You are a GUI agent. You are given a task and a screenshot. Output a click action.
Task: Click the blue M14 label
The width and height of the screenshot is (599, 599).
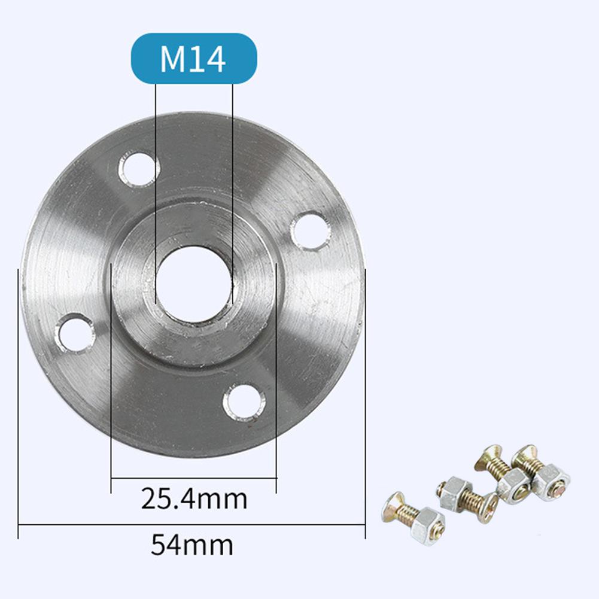point(193,58)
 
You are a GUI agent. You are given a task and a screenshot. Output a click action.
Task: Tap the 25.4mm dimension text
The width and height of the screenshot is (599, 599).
point(194,498)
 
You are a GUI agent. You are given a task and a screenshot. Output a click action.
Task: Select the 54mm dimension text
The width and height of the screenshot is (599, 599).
point(191,545)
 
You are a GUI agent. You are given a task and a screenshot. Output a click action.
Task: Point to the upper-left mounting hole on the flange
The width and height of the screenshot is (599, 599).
point(139,169)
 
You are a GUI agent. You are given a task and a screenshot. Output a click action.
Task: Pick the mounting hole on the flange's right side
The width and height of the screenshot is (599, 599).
point(310,231)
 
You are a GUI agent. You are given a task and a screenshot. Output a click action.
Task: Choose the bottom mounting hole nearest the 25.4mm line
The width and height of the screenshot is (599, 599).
point(244,402)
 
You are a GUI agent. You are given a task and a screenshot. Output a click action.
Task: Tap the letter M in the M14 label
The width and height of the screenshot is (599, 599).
point(172,59)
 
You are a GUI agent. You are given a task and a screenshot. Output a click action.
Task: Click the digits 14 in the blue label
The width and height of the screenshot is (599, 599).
point(209,59)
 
